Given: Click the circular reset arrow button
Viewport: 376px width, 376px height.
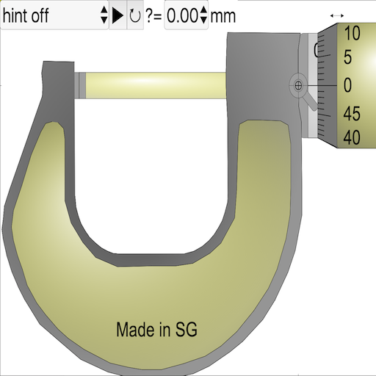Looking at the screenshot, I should tap(135, 15).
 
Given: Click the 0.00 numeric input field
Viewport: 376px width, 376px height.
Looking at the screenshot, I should tap(181, 15).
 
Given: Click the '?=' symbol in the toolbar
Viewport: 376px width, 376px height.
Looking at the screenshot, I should tap(153, 15).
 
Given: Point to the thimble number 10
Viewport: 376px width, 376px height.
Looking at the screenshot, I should tap(352, 33).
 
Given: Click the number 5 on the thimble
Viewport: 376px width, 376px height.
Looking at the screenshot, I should tap(347, 57).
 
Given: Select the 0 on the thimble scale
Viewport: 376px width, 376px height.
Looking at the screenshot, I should tap(347, 85).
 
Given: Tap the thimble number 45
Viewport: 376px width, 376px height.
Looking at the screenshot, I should tap(352, 114).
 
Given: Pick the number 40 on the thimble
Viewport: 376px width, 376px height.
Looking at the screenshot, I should tap(352, 137).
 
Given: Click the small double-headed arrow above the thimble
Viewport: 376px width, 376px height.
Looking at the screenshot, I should tap(337, 15).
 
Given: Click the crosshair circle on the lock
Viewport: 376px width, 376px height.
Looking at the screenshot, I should tap(298, 85).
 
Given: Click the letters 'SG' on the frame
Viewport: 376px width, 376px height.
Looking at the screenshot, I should tap(187, 330).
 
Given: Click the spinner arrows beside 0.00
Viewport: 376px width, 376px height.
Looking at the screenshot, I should tap(203, 15).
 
